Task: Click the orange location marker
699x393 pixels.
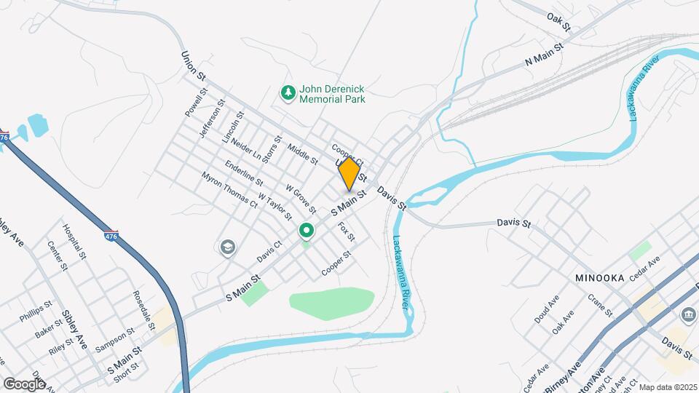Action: pyautogui.click(x=349, y=174)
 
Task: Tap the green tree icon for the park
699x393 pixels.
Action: pyautogui.click(x=288, y=92)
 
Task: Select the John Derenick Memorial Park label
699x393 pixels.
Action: pyautogui.click(x=333, y=94)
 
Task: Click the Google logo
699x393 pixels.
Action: pyautogui.click(x=24, y=384)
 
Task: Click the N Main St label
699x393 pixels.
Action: pyautogui.click(x=545, y=56)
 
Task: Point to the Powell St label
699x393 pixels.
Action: pyautogui.click(x=196, y=103)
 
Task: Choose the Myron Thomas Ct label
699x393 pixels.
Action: pyautogui.click(x=230, y=190)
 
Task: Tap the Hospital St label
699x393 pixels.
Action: pyautogui.click(x=74, y=242)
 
